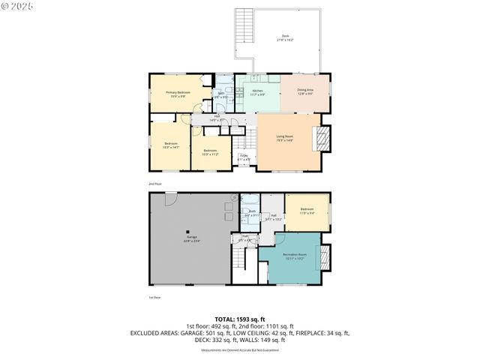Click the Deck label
tap(286, 37)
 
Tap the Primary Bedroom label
tap(178, 94)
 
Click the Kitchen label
tap(257, 93)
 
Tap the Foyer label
tap(244, 158)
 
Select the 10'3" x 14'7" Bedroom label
tap(171, 145)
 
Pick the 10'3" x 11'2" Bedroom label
tap(210, 152)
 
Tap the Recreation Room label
tap(295, 257)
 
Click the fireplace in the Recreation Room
tap(324, 256)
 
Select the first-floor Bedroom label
tap(307, 211)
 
